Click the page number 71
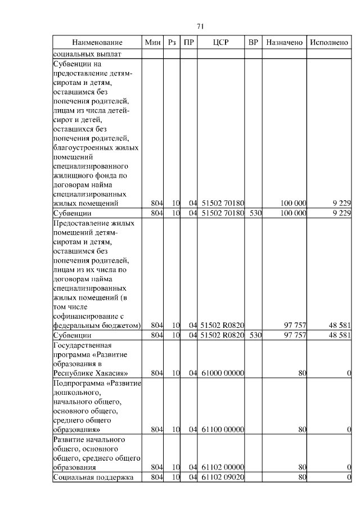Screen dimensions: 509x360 click(200, 26)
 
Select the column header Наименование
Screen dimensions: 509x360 click(97, 43)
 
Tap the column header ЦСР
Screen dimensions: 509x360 click(221, 43)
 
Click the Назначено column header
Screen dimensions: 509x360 click(284, 43)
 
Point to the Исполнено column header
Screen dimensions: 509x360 click(330, 43)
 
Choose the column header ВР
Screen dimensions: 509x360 click(254, 43)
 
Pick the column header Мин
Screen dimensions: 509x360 click(152, 43)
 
